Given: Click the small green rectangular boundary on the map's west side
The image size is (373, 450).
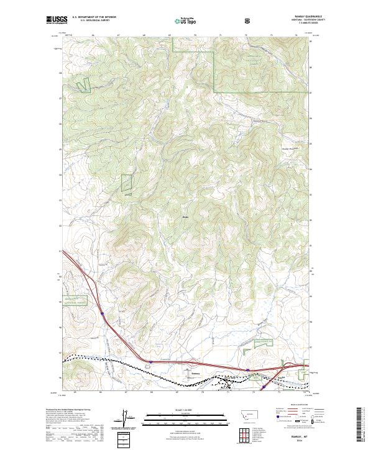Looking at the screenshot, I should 127,185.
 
